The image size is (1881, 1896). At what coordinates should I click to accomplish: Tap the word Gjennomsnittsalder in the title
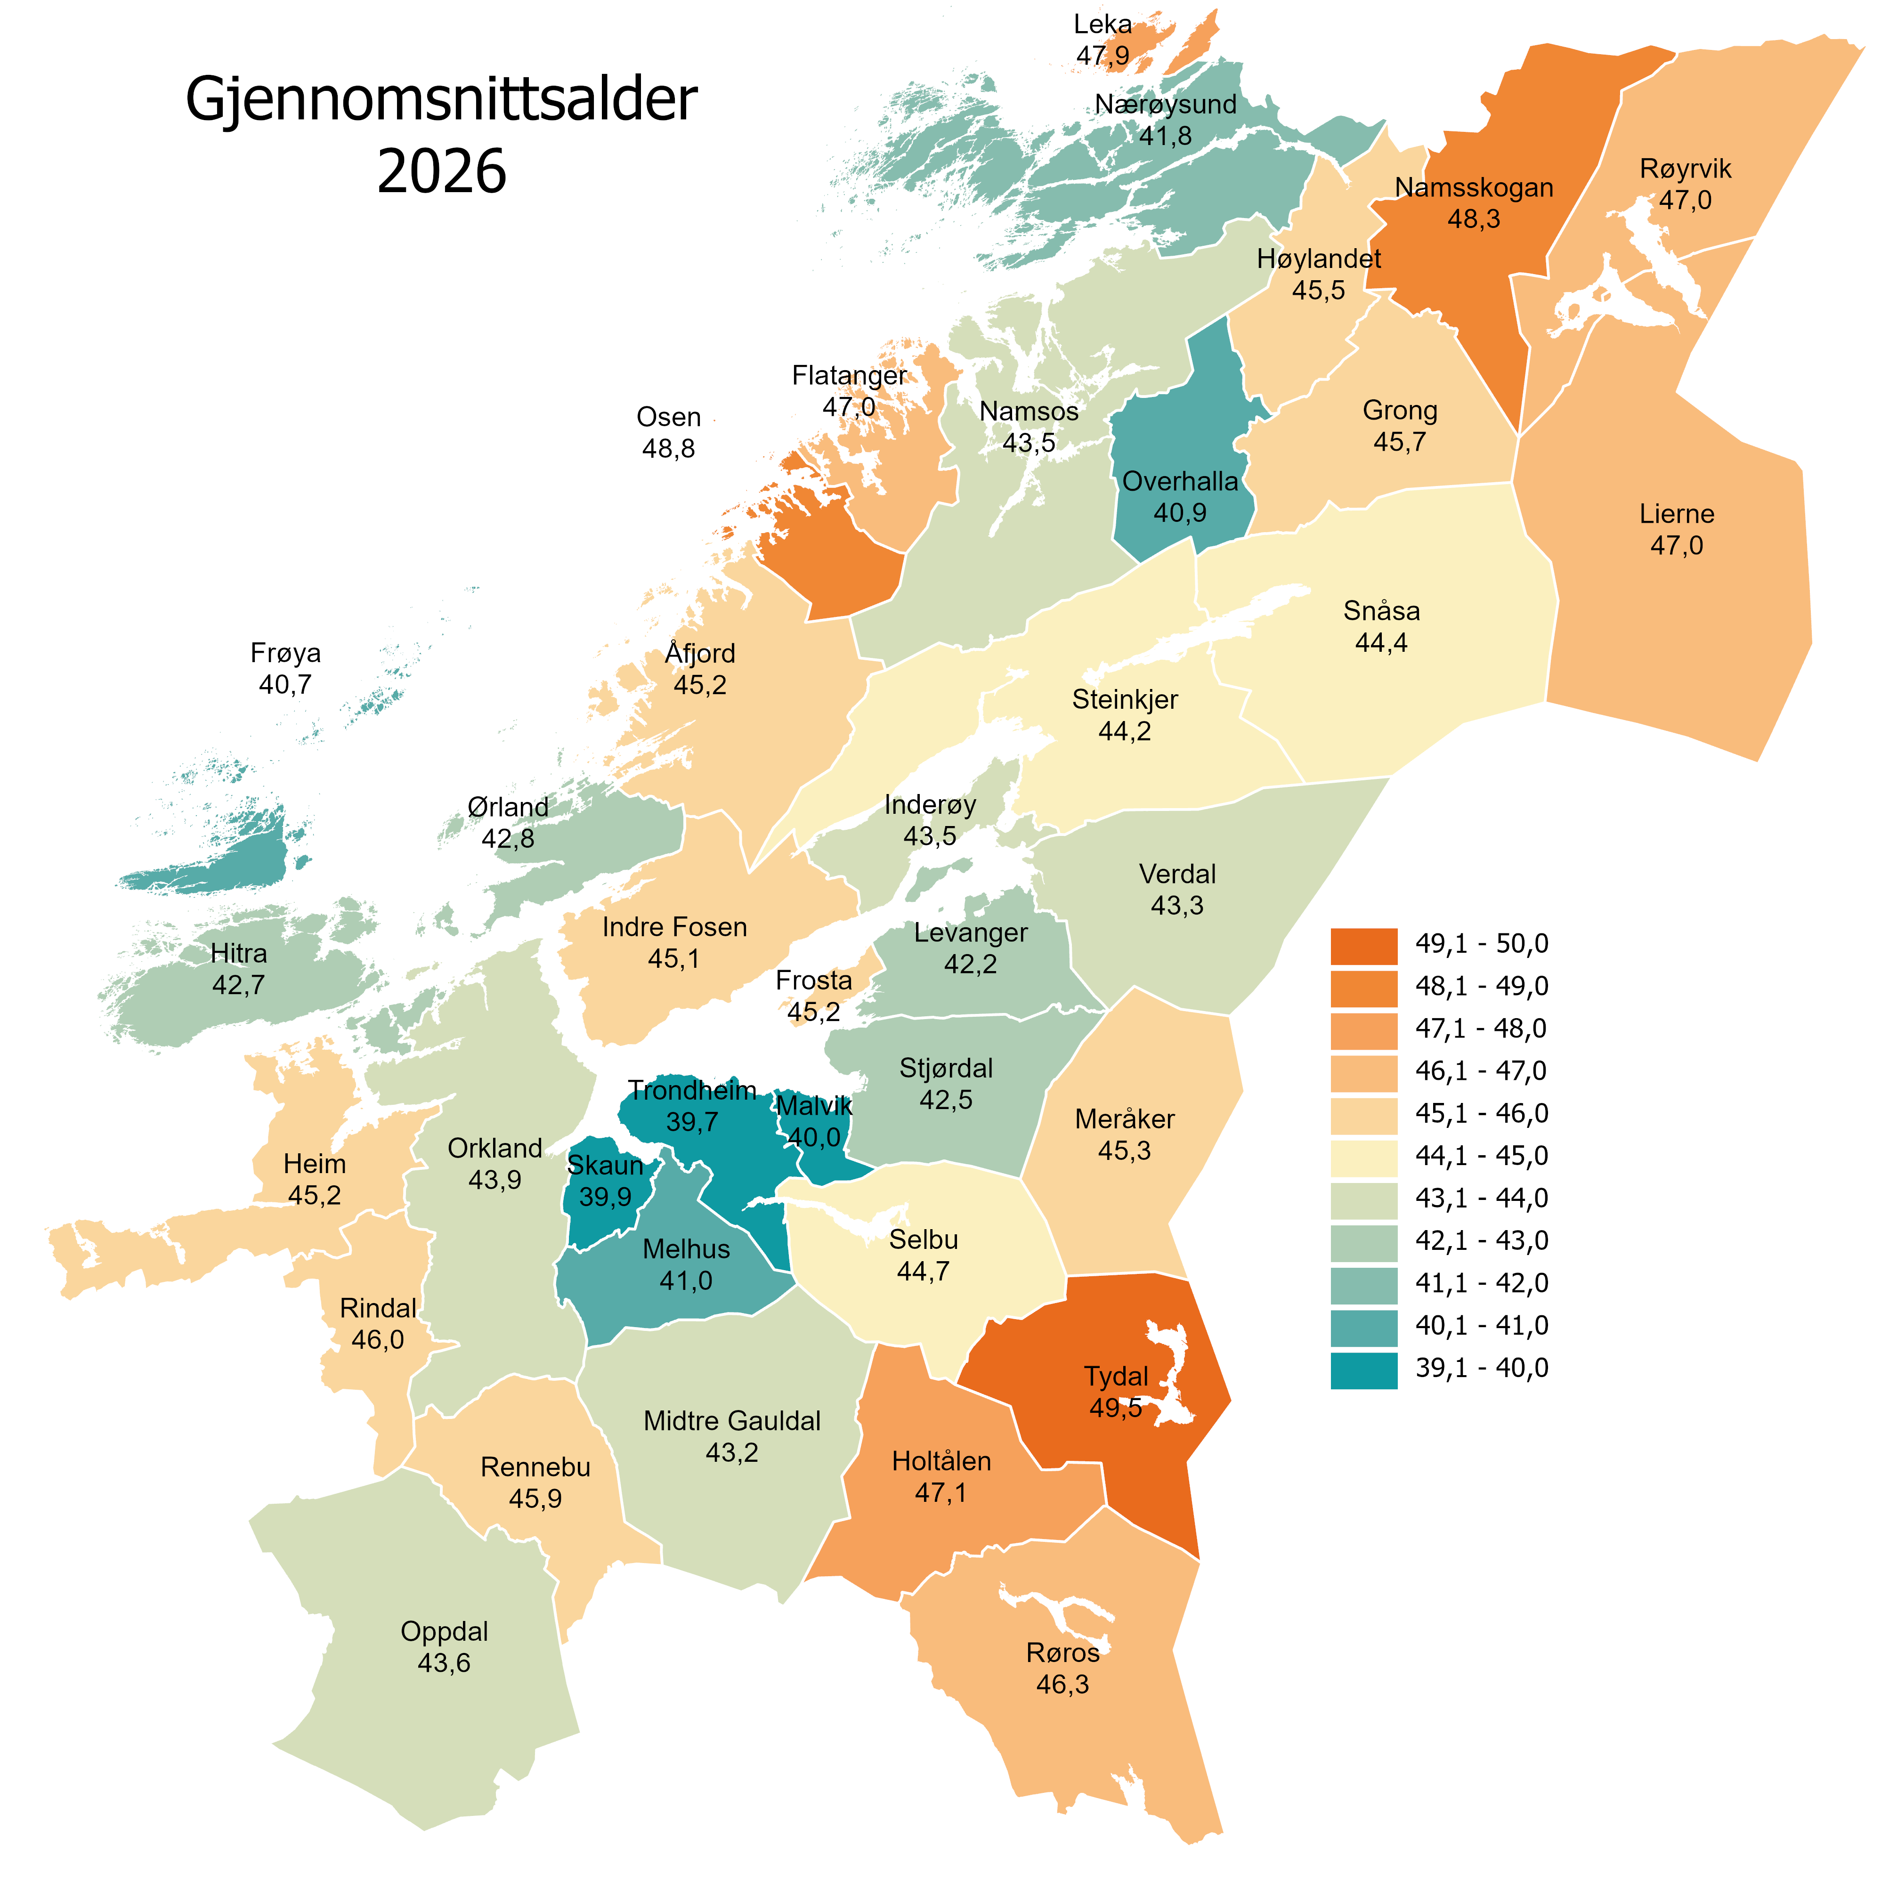442,100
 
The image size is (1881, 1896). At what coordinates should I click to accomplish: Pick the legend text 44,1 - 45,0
1481,1156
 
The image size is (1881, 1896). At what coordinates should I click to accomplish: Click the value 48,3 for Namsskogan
1474,219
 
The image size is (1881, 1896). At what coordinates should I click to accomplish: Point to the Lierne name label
1676,514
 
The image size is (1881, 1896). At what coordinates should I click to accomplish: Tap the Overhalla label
1179,482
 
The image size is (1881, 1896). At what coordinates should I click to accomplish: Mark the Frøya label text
285,653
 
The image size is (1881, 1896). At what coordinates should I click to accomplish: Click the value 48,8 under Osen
668,448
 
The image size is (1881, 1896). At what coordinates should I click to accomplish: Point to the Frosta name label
813,980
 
